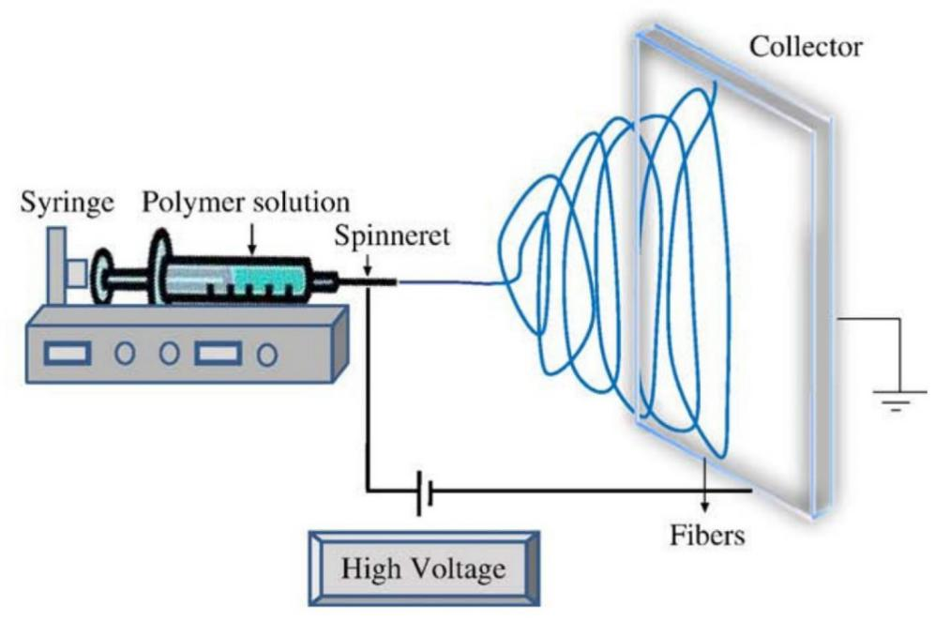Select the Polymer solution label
(x=246, y=202)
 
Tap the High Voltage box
(x=424, y=568)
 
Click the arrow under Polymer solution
(x=252, y=240)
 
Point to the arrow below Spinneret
(x=368, y=268)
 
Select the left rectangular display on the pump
(x=68, y=354)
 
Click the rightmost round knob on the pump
(x=267, y=355)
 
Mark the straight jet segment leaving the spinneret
(x=450, y=280)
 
